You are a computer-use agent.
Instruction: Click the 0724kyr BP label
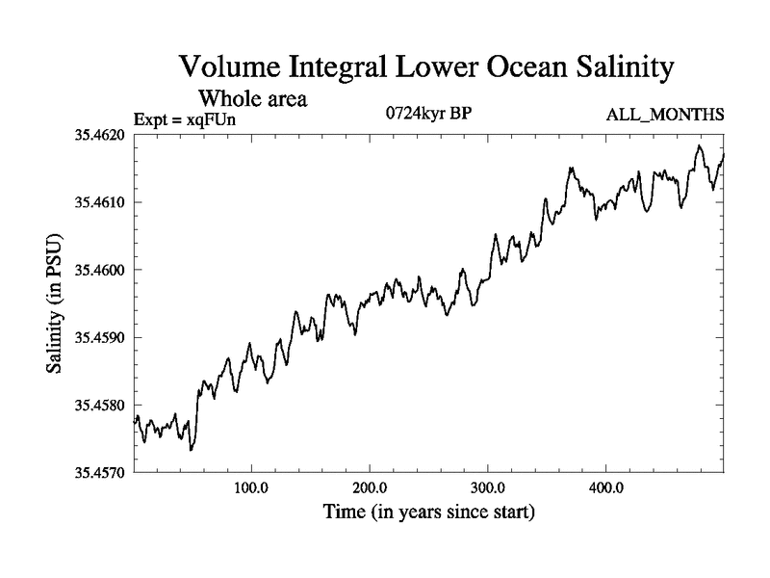(x=427, y=114)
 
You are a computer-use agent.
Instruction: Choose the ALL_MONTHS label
(x=665, y=115)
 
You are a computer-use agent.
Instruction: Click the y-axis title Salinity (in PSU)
(x=56, y=303)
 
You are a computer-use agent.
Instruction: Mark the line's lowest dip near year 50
(x=192, y=450)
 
